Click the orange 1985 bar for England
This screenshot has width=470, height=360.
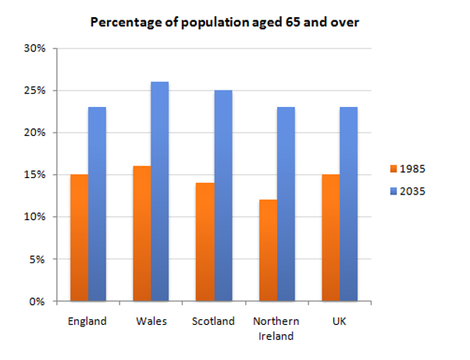click(x=79, y=237)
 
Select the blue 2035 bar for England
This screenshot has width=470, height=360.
click(x=97, y=204)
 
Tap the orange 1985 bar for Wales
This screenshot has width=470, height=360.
click(x=141, y=233)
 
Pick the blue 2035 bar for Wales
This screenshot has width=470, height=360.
click(x=159, y=191)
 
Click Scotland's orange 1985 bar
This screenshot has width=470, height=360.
click(x=204, y=242)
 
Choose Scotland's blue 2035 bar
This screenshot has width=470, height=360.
click(x=223, y=195)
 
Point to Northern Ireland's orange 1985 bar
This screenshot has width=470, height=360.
click(x=267, y=250)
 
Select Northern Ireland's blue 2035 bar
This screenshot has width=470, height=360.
click(x=285, y=204)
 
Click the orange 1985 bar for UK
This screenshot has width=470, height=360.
click(x=329, y=237)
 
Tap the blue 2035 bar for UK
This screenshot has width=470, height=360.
click(x=348, y=204)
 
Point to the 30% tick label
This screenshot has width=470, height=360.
click(x=37, y=48)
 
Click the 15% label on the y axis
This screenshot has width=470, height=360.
click(x=37, y=175)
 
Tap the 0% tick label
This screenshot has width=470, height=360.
click(x=40, y=301)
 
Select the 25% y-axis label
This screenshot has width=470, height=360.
click(x=37, y=91)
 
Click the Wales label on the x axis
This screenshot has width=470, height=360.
click(x=150, y=320)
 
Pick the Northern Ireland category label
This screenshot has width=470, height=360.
click(x=276, y=328)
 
